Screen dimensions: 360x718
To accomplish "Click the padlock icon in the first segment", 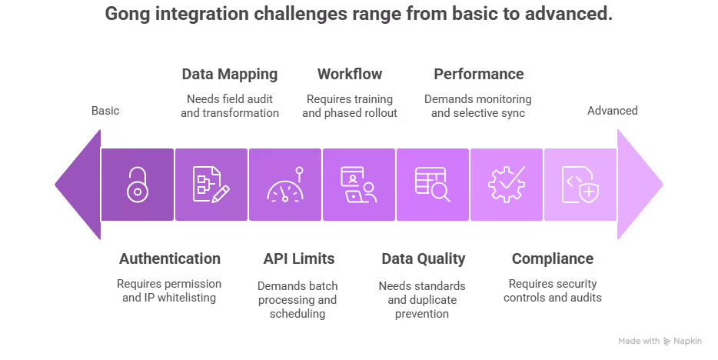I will point(138,185).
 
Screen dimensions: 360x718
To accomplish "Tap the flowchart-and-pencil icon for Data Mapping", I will point(211,185).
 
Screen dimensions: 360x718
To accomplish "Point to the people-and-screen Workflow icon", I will point(358,185).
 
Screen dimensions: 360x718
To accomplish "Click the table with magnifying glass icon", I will point(432,185).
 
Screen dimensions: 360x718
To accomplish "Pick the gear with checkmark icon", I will point(506,185).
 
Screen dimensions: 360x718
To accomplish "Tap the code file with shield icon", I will point(580,185).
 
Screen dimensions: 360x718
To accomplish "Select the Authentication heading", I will point(170,258).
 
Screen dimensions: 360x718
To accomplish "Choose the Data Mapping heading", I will point(229,75).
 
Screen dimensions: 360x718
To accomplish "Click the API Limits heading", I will point(298,258).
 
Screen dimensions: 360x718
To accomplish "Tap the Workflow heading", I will point(349,75).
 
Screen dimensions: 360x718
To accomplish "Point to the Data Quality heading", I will point(423,258).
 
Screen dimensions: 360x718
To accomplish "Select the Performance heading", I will point(478,75).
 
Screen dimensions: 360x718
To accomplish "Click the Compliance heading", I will point(552,258).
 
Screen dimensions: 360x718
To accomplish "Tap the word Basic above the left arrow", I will point(105,111).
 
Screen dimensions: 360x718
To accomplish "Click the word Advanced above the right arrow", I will point(613,111).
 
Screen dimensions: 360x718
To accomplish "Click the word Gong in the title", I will point(127,14).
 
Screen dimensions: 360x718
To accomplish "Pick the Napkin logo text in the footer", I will point(687,341).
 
